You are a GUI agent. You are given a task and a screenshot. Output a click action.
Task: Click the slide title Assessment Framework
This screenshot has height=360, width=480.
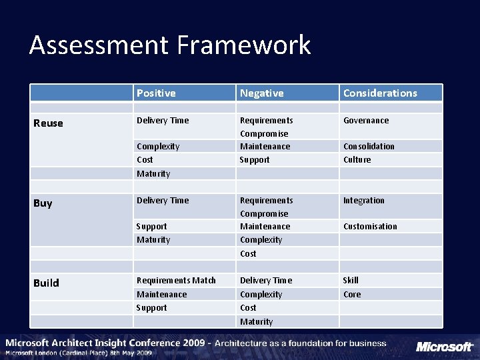coord(170,45)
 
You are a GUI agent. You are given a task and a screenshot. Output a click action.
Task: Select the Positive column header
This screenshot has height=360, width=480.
coord(156,93)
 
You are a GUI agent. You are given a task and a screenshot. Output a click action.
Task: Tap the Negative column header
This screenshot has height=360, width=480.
coord(261,93)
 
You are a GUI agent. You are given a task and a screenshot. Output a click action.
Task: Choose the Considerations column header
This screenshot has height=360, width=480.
coord(380,93)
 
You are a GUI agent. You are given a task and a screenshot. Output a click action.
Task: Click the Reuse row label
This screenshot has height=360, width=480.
coord(48,123)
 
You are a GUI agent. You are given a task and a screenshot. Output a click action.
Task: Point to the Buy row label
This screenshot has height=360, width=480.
coord(43,203)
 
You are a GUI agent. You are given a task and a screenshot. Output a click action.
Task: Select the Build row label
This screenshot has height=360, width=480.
coord(46,283)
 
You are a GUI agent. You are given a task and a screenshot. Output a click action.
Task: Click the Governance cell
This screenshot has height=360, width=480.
coord(366,121)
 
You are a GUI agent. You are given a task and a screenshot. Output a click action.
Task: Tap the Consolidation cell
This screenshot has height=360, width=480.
coord(369,147)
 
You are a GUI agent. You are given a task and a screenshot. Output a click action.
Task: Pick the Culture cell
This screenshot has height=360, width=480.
coord(357,160)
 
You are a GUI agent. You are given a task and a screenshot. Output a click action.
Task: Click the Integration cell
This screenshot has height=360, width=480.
coord(363,201)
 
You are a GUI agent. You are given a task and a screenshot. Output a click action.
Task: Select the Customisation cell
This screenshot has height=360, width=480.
coord(370,227)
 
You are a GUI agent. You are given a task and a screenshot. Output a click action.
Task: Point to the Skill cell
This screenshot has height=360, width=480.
coord(351,281)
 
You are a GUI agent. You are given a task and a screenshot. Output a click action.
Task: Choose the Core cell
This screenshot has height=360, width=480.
coord(352,295)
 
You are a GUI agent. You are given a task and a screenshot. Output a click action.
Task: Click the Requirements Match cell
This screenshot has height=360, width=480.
coord(176,281)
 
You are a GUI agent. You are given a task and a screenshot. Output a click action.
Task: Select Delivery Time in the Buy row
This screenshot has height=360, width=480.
coord(163,201)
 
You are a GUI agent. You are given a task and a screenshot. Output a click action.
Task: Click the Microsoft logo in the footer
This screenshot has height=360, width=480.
coord(444,347)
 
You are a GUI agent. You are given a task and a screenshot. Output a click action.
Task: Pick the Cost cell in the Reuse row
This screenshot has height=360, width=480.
coord(145,160)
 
